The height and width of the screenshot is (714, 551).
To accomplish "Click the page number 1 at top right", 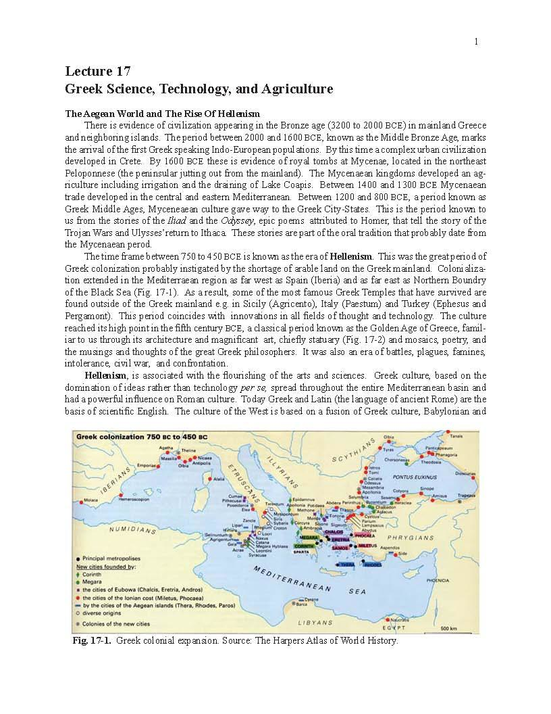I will [x=476, y=41].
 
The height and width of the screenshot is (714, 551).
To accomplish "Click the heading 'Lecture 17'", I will [x=98, y=72].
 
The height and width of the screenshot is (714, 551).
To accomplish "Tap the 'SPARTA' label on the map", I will [x=301, y=552].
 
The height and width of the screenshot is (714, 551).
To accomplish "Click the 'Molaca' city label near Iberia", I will [x=91, y=500].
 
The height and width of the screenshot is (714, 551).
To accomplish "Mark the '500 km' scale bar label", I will [x=449, y=628].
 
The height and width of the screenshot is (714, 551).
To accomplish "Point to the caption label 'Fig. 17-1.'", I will [x=92, y=640].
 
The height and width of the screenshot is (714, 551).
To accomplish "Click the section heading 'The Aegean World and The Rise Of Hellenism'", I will [x=162, y=114].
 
